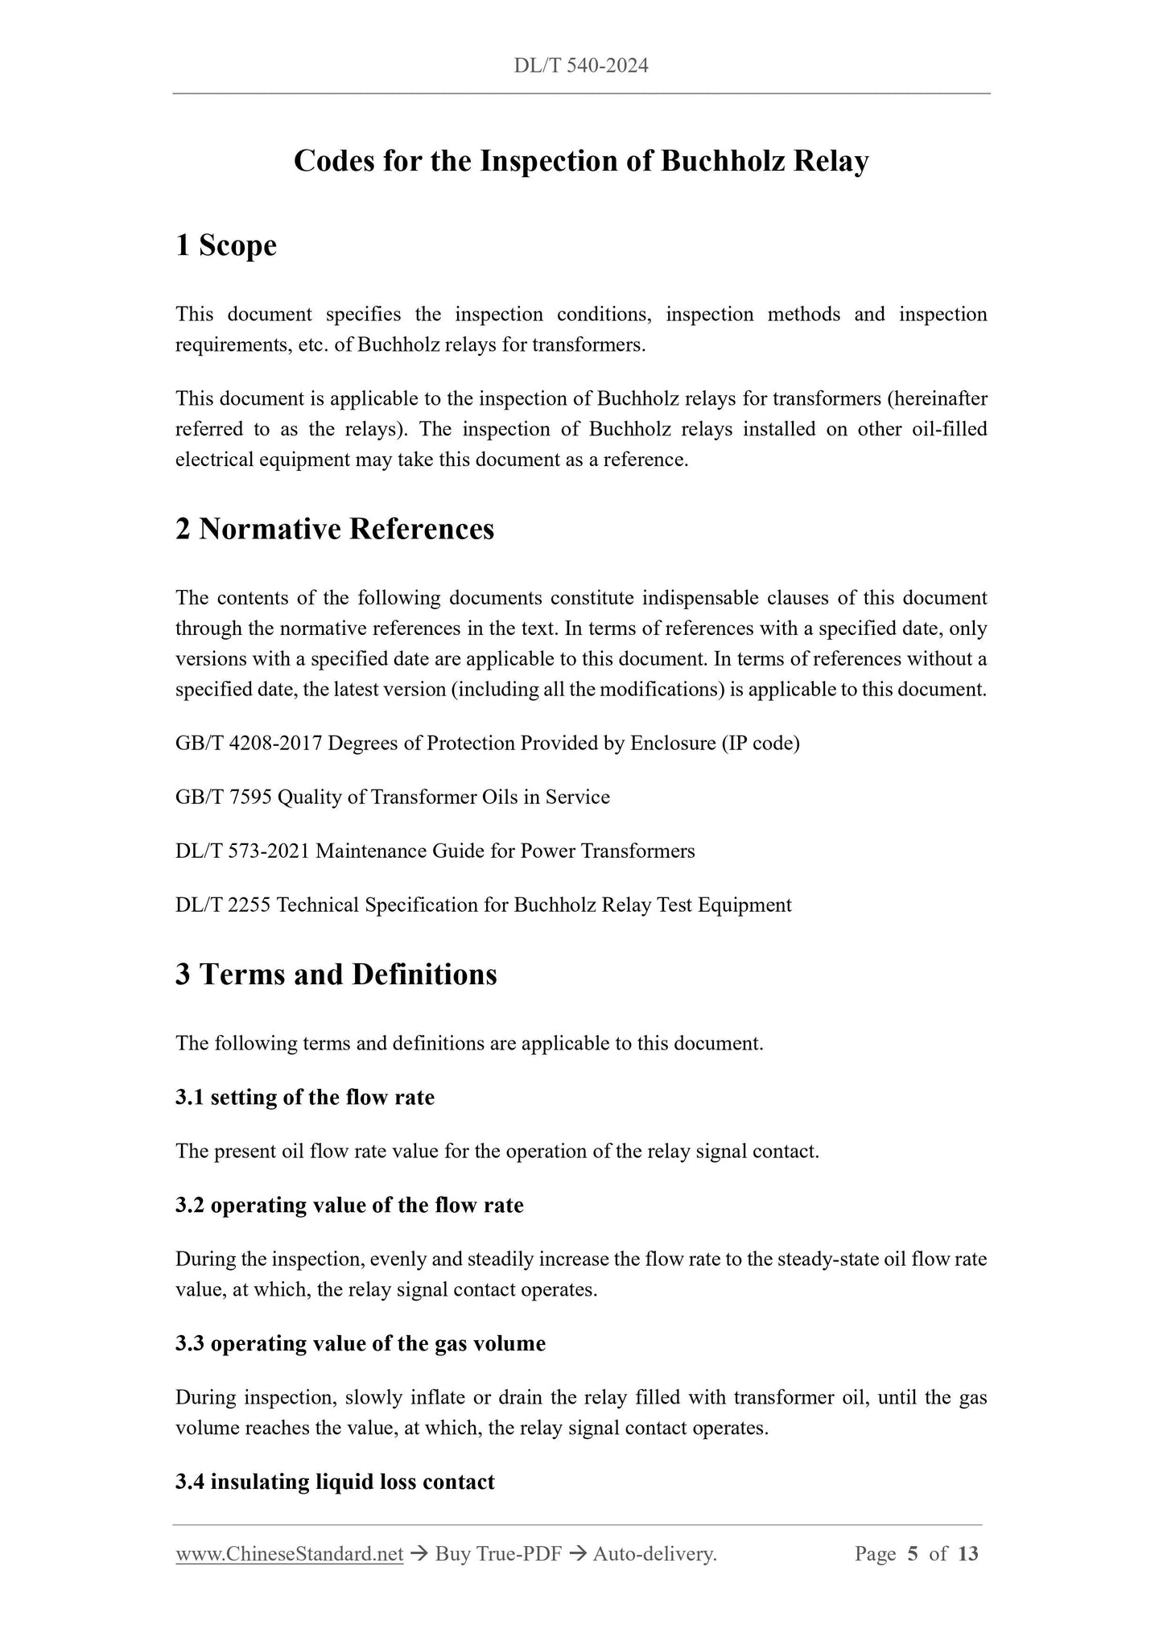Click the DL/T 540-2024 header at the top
[580, 66]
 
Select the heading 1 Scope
[226, 245]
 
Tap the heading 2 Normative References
[335, 529]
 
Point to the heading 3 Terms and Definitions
[336, 974]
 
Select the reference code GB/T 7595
[225, 797]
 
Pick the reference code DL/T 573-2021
[242, 851]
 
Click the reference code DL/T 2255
[223, 905]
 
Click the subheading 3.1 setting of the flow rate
[305, 1098]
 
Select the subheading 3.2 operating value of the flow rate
[349, 1205]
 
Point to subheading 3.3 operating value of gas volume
[361, 1343]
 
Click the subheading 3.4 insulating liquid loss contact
[335, 1482]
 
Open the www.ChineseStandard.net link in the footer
[289, 1554]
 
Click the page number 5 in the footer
[912, 1554]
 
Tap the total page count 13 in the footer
[968, 1554]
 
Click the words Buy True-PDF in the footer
[497, 1554]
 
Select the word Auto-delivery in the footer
[654, 1554]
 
